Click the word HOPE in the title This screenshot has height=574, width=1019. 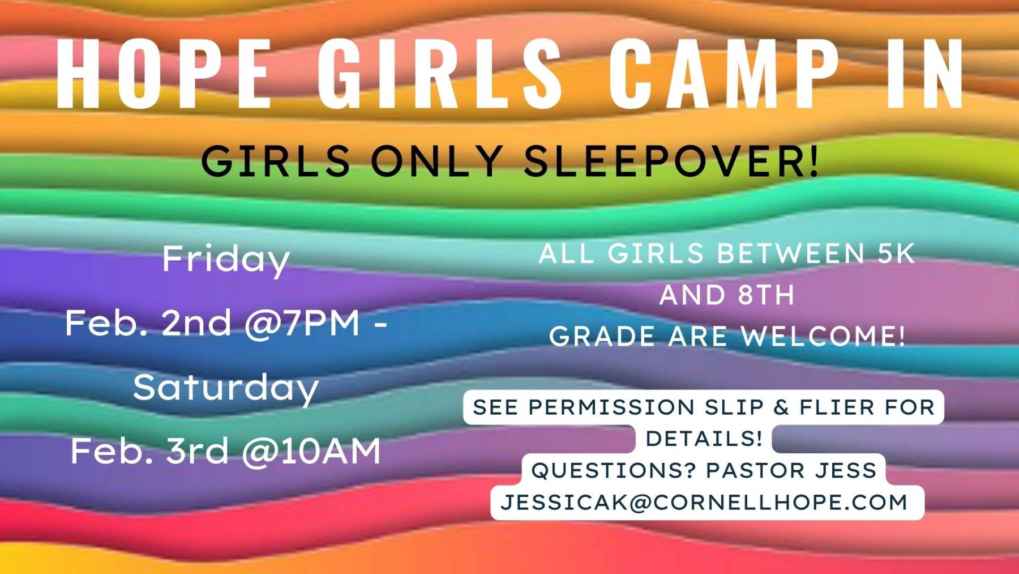[x=164, y=74]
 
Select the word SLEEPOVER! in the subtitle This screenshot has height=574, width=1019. [x=671, y=161]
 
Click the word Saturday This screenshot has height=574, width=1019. [x=226, y=388]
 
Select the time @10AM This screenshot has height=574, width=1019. [x=311, y=452]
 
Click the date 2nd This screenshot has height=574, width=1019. [x=196, y=324]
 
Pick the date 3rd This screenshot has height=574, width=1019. [x=196, y=452]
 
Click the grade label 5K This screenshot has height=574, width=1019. [x=896, y=253]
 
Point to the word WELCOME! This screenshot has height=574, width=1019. [x=824, y=337]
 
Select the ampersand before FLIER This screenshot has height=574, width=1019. [x=781, y=407]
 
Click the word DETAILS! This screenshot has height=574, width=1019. [x=704, y=439]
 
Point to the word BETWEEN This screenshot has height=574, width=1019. [x=791, y=253]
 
